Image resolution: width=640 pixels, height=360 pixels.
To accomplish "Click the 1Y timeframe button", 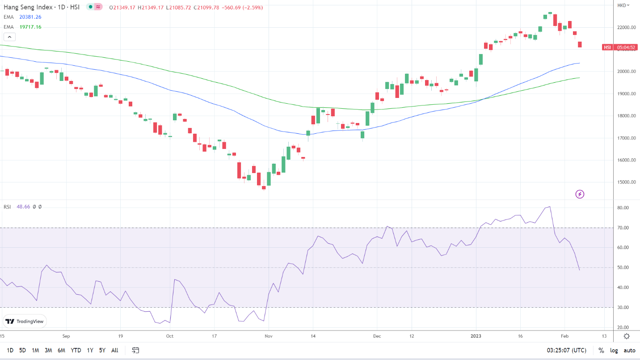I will point(90,350).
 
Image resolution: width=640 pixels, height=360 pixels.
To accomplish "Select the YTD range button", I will point(76,350).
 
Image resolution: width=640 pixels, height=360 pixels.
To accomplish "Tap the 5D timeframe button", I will point(22,350).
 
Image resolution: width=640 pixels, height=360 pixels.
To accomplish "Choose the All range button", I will point(115,350).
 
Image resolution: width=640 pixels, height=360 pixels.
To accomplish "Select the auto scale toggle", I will point(629,350).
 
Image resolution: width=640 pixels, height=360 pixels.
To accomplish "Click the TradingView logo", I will point(25,322).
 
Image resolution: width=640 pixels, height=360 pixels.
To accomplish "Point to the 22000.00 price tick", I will point(627,27).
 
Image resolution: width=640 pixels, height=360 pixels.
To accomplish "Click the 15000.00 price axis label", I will point(627,182).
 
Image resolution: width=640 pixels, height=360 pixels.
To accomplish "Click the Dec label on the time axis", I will point(377,336).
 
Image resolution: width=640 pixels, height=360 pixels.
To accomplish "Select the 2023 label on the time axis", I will point(476,336).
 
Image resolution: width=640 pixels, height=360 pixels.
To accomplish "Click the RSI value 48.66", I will point(23,207).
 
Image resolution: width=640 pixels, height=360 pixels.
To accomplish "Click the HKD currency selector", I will point(623,5).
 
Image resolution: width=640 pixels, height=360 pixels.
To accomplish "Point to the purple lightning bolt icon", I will point(580,194).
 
